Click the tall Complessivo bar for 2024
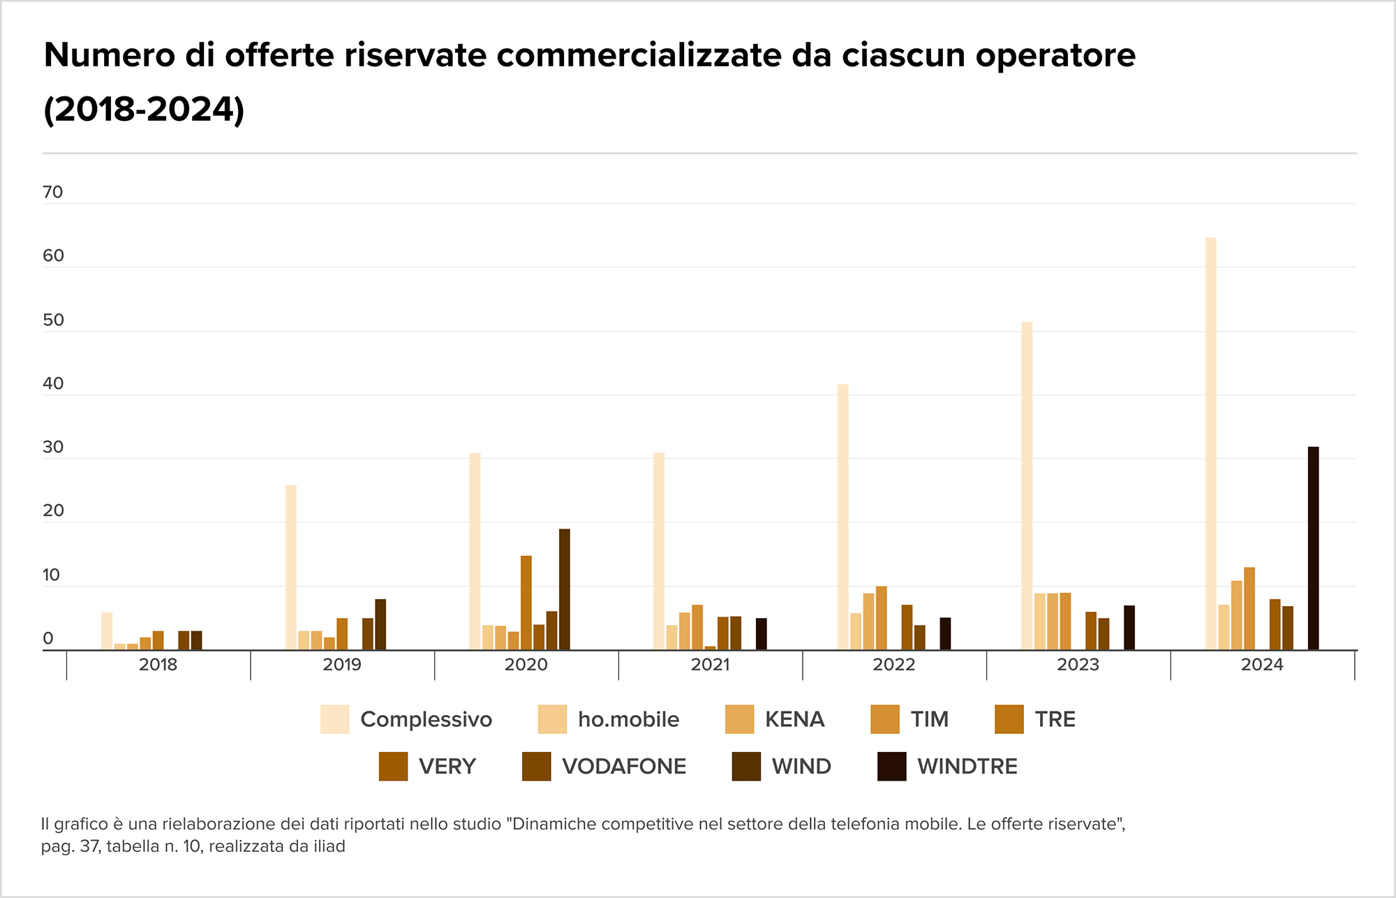click(1210, 443)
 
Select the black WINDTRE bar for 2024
click(1313, 548)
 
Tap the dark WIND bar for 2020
click(564, 589)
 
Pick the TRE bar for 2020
click(526, 603)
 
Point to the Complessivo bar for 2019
click(290, 567)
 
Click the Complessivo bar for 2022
click(842, 517)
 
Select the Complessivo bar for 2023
click(1027, 485)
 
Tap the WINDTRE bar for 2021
click(761, 634)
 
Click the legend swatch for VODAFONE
click(536, 766)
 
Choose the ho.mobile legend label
click(628, 719)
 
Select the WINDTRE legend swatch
click(891, 766)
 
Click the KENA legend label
click(794, 719)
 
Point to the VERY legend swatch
click(393, 766)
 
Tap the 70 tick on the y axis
click(53, 192)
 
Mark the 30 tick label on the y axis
click(53, 447)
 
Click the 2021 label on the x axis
click(710, 664)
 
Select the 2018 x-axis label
click(158, 664)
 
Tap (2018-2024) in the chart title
click(144, 110)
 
